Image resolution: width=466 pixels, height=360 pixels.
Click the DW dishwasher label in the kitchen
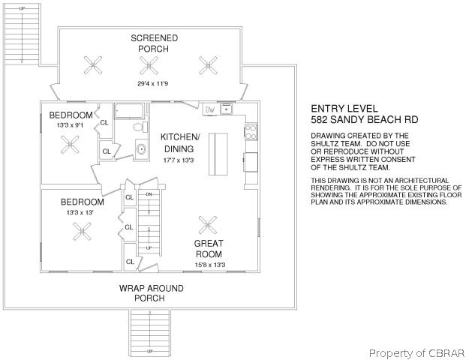click(x=210, y=109)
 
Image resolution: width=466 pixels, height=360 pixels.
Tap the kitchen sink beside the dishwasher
click(x=226, y=109)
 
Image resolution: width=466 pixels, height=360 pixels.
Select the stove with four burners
click(x=251, y=132)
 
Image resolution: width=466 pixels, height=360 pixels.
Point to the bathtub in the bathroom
click(x=129, y=110)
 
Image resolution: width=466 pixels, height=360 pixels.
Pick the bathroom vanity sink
click(x=141, y=148)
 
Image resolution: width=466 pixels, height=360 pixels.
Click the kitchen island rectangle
click(x=218, y=154)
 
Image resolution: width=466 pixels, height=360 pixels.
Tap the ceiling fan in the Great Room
click(x=208, y=224)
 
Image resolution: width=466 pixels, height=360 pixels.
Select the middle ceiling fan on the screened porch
click(x=149, y=65)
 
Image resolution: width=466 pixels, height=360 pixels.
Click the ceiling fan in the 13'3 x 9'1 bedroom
click(x=70, y=145)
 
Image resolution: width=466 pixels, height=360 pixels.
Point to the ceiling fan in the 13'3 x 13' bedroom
click(x=82, y=232)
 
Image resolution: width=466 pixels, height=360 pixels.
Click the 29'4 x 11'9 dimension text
click(x=153, y=84)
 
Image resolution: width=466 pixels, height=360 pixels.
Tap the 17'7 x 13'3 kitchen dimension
click(x=179, y=160)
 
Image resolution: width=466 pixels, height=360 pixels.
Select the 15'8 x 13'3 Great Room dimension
click(x=210, y=265)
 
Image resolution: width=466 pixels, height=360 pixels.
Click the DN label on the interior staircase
click(x=149, y=194)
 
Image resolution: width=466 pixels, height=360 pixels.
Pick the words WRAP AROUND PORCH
click(x=152, y=293)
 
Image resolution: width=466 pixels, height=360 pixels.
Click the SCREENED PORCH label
click(x=154, y=43)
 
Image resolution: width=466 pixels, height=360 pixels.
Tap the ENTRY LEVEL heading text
click(x=344, y=109)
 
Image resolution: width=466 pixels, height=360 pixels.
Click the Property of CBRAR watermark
click(x=416, y=353)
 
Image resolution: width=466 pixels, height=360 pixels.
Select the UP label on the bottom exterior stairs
click(x=150, y=352)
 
